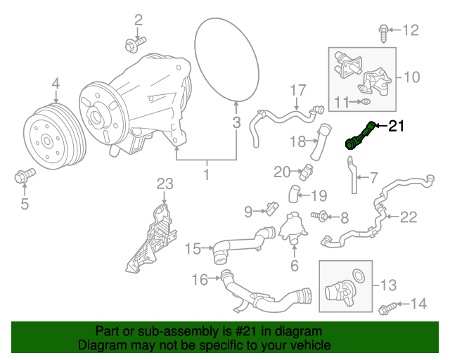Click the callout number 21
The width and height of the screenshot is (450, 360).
click(397, 127)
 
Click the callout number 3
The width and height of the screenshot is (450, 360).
click(237, 124)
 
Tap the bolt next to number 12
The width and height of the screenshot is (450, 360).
click(383, 30)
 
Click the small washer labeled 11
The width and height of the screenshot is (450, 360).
click(366, 103)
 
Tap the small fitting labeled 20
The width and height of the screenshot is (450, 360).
click(306, 169)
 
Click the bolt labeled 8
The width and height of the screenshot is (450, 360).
click(323, 217)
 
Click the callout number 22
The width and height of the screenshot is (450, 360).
click(409, 217)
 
